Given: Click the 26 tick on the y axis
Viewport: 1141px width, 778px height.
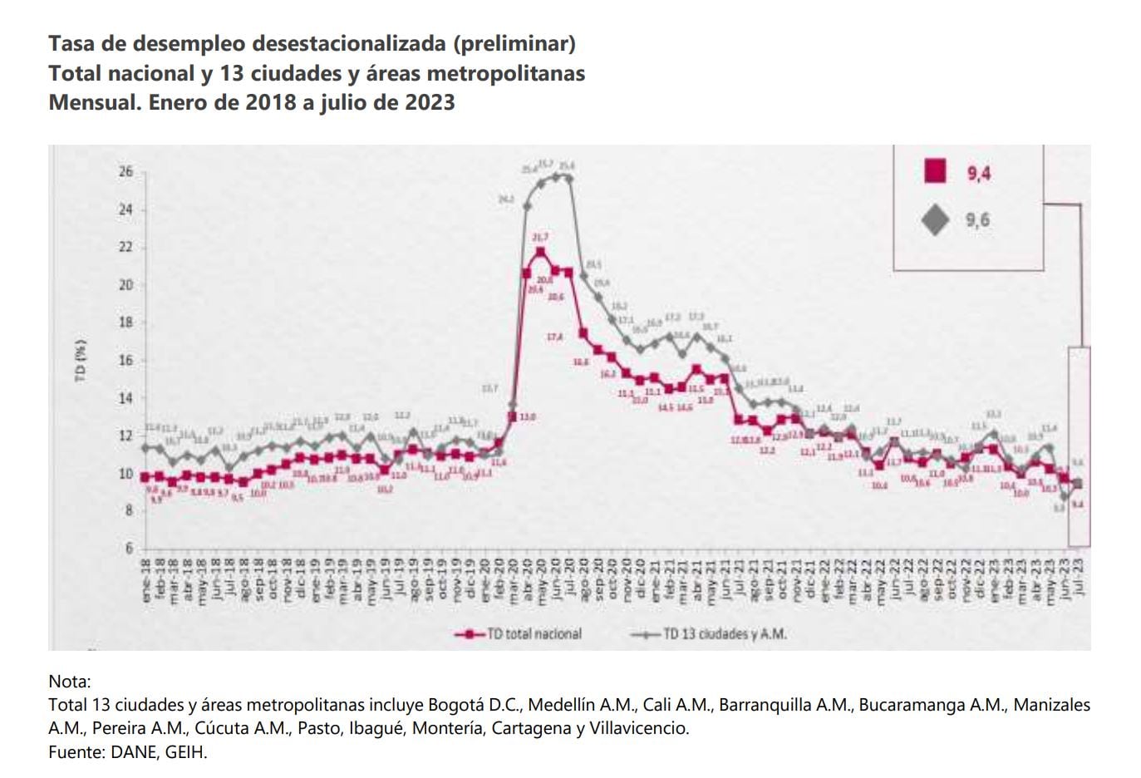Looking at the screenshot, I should coord(125,172).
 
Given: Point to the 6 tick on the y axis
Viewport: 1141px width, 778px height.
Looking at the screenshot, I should coord(128,548).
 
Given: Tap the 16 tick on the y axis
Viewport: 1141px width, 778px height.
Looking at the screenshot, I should coord(125,360).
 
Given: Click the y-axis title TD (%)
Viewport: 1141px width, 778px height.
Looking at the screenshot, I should coord(81,359).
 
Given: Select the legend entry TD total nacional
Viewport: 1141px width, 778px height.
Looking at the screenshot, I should coord(533,633).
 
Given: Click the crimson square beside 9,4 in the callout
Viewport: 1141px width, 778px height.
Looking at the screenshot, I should coord(935,171).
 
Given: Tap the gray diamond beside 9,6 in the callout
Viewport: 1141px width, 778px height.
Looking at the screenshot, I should coord(936,220).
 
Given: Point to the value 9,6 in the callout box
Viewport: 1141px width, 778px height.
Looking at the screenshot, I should coord(978,220).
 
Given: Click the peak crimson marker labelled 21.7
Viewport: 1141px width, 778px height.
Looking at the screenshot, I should coord(540,252).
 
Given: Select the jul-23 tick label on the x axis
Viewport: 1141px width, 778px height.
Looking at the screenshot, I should coord(1078,579).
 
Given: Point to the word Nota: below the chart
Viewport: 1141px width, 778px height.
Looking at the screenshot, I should coord(70,681).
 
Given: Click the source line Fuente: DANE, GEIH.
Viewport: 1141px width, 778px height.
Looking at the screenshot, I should coord(128,752).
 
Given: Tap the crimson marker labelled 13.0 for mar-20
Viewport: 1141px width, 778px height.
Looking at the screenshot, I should coord(512,416).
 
